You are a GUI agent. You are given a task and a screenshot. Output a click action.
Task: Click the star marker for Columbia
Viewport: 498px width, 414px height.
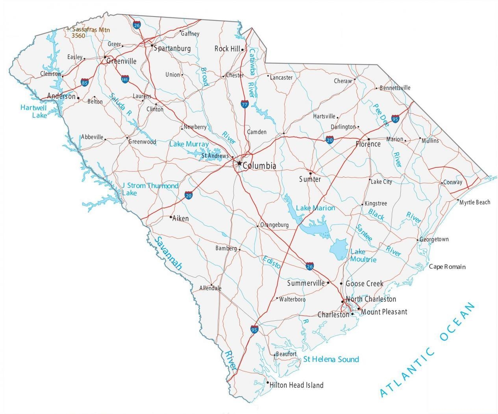click(x=239, y=163)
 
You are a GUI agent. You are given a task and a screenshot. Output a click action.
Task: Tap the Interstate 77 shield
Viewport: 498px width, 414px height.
click(x=245, y=104)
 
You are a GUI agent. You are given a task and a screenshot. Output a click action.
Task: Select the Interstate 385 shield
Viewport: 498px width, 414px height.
click(x=125, y=79)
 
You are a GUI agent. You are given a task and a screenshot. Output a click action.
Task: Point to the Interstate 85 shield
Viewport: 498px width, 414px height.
click(x=85, y=83)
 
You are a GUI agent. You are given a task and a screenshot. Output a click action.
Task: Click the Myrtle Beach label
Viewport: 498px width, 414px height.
click(x=475, y=202)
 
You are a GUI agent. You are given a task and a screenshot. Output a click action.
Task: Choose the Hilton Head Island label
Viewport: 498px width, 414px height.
click(x=296, y=385)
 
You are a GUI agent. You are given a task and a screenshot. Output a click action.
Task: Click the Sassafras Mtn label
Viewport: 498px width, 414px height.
click(x=91, y=30)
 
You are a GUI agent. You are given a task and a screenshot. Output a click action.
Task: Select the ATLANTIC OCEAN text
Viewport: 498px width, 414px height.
click(x=428, y=350)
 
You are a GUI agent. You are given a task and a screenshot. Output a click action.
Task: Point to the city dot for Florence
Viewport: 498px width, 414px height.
click(x=368, y=139)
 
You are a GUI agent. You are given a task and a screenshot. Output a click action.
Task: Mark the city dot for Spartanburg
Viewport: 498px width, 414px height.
click(x=152, y=46)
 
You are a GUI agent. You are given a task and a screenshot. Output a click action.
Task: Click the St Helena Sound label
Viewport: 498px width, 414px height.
click(x=331, y=359)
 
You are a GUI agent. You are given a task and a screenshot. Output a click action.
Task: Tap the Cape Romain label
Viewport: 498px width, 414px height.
click(x=447, y=267)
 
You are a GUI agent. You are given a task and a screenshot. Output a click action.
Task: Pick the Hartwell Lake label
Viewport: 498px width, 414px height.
click(x=34, y=111)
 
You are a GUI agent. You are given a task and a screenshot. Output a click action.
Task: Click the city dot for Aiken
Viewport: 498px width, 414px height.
click(x=170, y=217)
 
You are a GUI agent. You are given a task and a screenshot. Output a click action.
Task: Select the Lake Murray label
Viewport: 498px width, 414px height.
click(x=189, y=144)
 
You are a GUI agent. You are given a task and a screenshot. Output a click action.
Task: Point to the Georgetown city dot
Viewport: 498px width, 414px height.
click(x=418, y=239)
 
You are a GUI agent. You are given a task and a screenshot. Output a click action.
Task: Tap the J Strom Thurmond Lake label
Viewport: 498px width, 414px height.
click(x=150, y=189)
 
